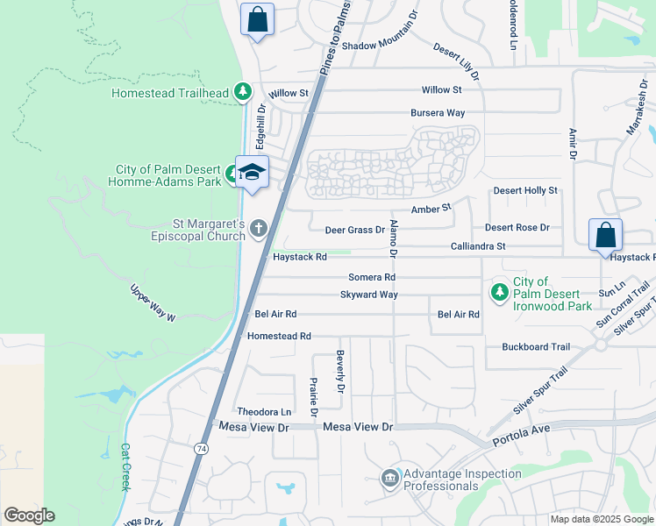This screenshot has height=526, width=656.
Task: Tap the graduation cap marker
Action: (252, 172)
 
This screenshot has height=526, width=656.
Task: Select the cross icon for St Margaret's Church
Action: (258, 229)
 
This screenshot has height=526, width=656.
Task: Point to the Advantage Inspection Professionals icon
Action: (389, 479)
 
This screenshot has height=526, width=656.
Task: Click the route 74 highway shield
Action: (201, 447)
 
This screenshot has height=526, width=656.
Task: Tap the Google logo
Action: (29, 515)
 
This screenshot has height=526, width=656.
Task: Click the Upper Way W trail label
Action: (153, 303)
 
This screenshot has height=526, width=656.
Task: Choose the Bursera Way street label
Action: (438, 113)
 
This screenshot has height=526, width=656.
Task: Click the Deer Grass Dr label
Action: (355, 230)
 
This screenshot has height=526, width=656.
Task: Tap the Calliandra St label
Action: (478, 246)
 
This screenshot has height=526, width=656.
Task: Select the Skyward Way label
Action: (369, 295)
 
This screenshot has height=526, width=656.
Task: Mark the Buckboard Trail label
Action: (536, 347)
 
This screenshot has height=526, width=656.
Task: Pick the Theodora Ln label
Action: (264, 411)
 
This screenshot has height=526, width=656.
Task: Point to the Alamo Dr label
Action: (394, 238)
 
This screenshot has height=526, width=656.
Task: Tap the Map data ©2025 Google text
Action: (601, 519)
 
